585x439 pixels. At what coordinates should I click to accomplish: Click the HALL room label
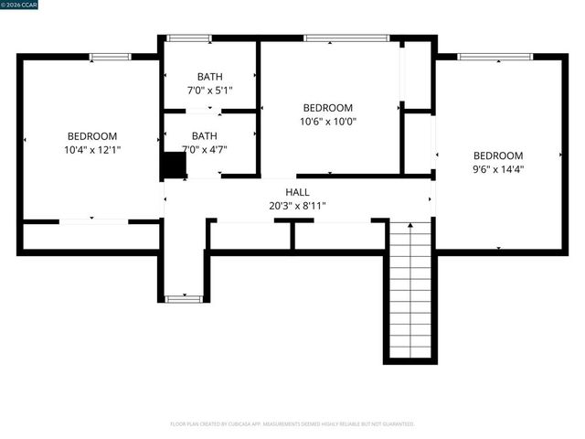pyautogui.click(x=297, y=192)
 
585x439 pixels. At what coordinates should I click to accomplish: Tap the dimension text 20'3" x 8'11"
pyautogui.click(x=297, y=206)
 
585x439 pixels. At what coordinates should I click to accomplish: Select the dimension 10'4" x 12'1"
pyautogui.click(x=92, y=149)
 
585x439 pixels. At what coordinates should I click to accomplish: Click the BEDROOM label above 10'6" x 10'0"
pyautogui.click(x=327, y=107)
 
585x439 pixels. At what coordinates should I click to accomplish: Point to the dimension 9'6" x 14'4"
pyautogui.click(x=497, y=168)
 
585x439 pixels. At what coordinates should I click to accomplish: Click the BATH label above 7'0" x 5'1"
pyautogui.click(x=209, y=77)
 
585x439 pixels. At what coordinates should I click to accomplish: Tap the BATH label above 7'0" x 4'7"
pyautogui.click(x=205, y=135)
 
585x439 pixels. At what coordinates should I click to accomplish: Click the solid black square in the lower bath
pyautogui.click(x=174, y=166)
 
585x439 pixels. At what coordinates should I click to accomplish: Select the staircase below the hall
pyautogui.click(x=409, y=288)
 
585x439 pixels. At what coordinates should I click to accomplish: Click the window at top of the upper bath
pyautogui.click(x=189, y=38)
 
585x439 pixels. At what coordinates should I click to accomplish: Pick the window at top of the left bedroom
pyautogui.click(x=110, y=57)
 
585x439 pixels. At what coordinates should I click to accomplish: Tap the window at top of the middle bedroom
pyautogui.click(x=346, y=38)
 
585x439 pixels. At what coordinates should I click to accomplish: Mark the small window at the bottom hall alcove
pyautogui.click(x=184, y=298)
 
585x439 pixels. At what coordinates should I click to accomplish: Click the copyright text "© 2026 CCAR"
pyautogui.click(x=21, y=5)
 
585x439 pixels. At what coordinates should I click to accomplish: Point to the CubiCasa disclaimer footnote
pyautogui.click(x=292, y=423)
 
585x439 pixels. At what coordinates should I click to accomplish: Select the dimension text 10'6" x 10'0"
pyautogui.click(x=327, y=121)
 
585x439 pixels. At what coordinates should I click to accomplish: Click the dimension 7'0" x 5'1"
pyautogui.click(x=209, y=91)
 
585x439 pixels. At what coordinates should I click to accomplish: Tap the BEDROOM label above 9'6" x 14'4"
pyautogui.click(x=497, y=155)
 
